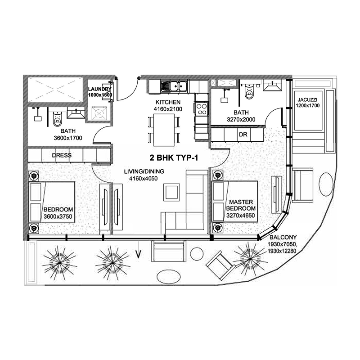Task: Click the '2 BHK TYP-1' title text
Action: [174, 158]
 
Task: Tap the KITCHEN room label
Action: [168, 102]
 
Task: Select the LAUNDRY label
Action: [99, 89]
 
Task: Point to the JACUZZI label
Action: [307, 100]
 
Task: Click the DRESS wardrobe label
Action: [62, 155]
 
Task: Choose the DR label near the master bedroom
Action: [243, 134]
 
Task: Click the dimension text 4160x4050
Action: [144, 178]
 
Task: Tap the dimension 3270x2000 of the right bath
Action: [241, 119]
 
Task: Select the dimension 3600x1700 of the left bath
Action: [68, 138]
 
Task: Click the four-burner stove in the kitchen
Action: [202, 109]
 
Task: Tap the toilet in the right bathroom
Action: [249, 91]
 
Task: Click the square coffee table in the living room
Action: [171, 192]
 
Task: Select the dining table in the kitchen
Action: [163, 130]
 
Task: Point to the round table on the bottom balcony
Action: [197, 253]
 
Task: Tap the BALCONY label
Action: [283, 237]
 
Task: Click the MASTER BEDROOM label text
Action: [241, 205]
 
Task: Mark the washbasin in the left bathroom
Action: [76, 113]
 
